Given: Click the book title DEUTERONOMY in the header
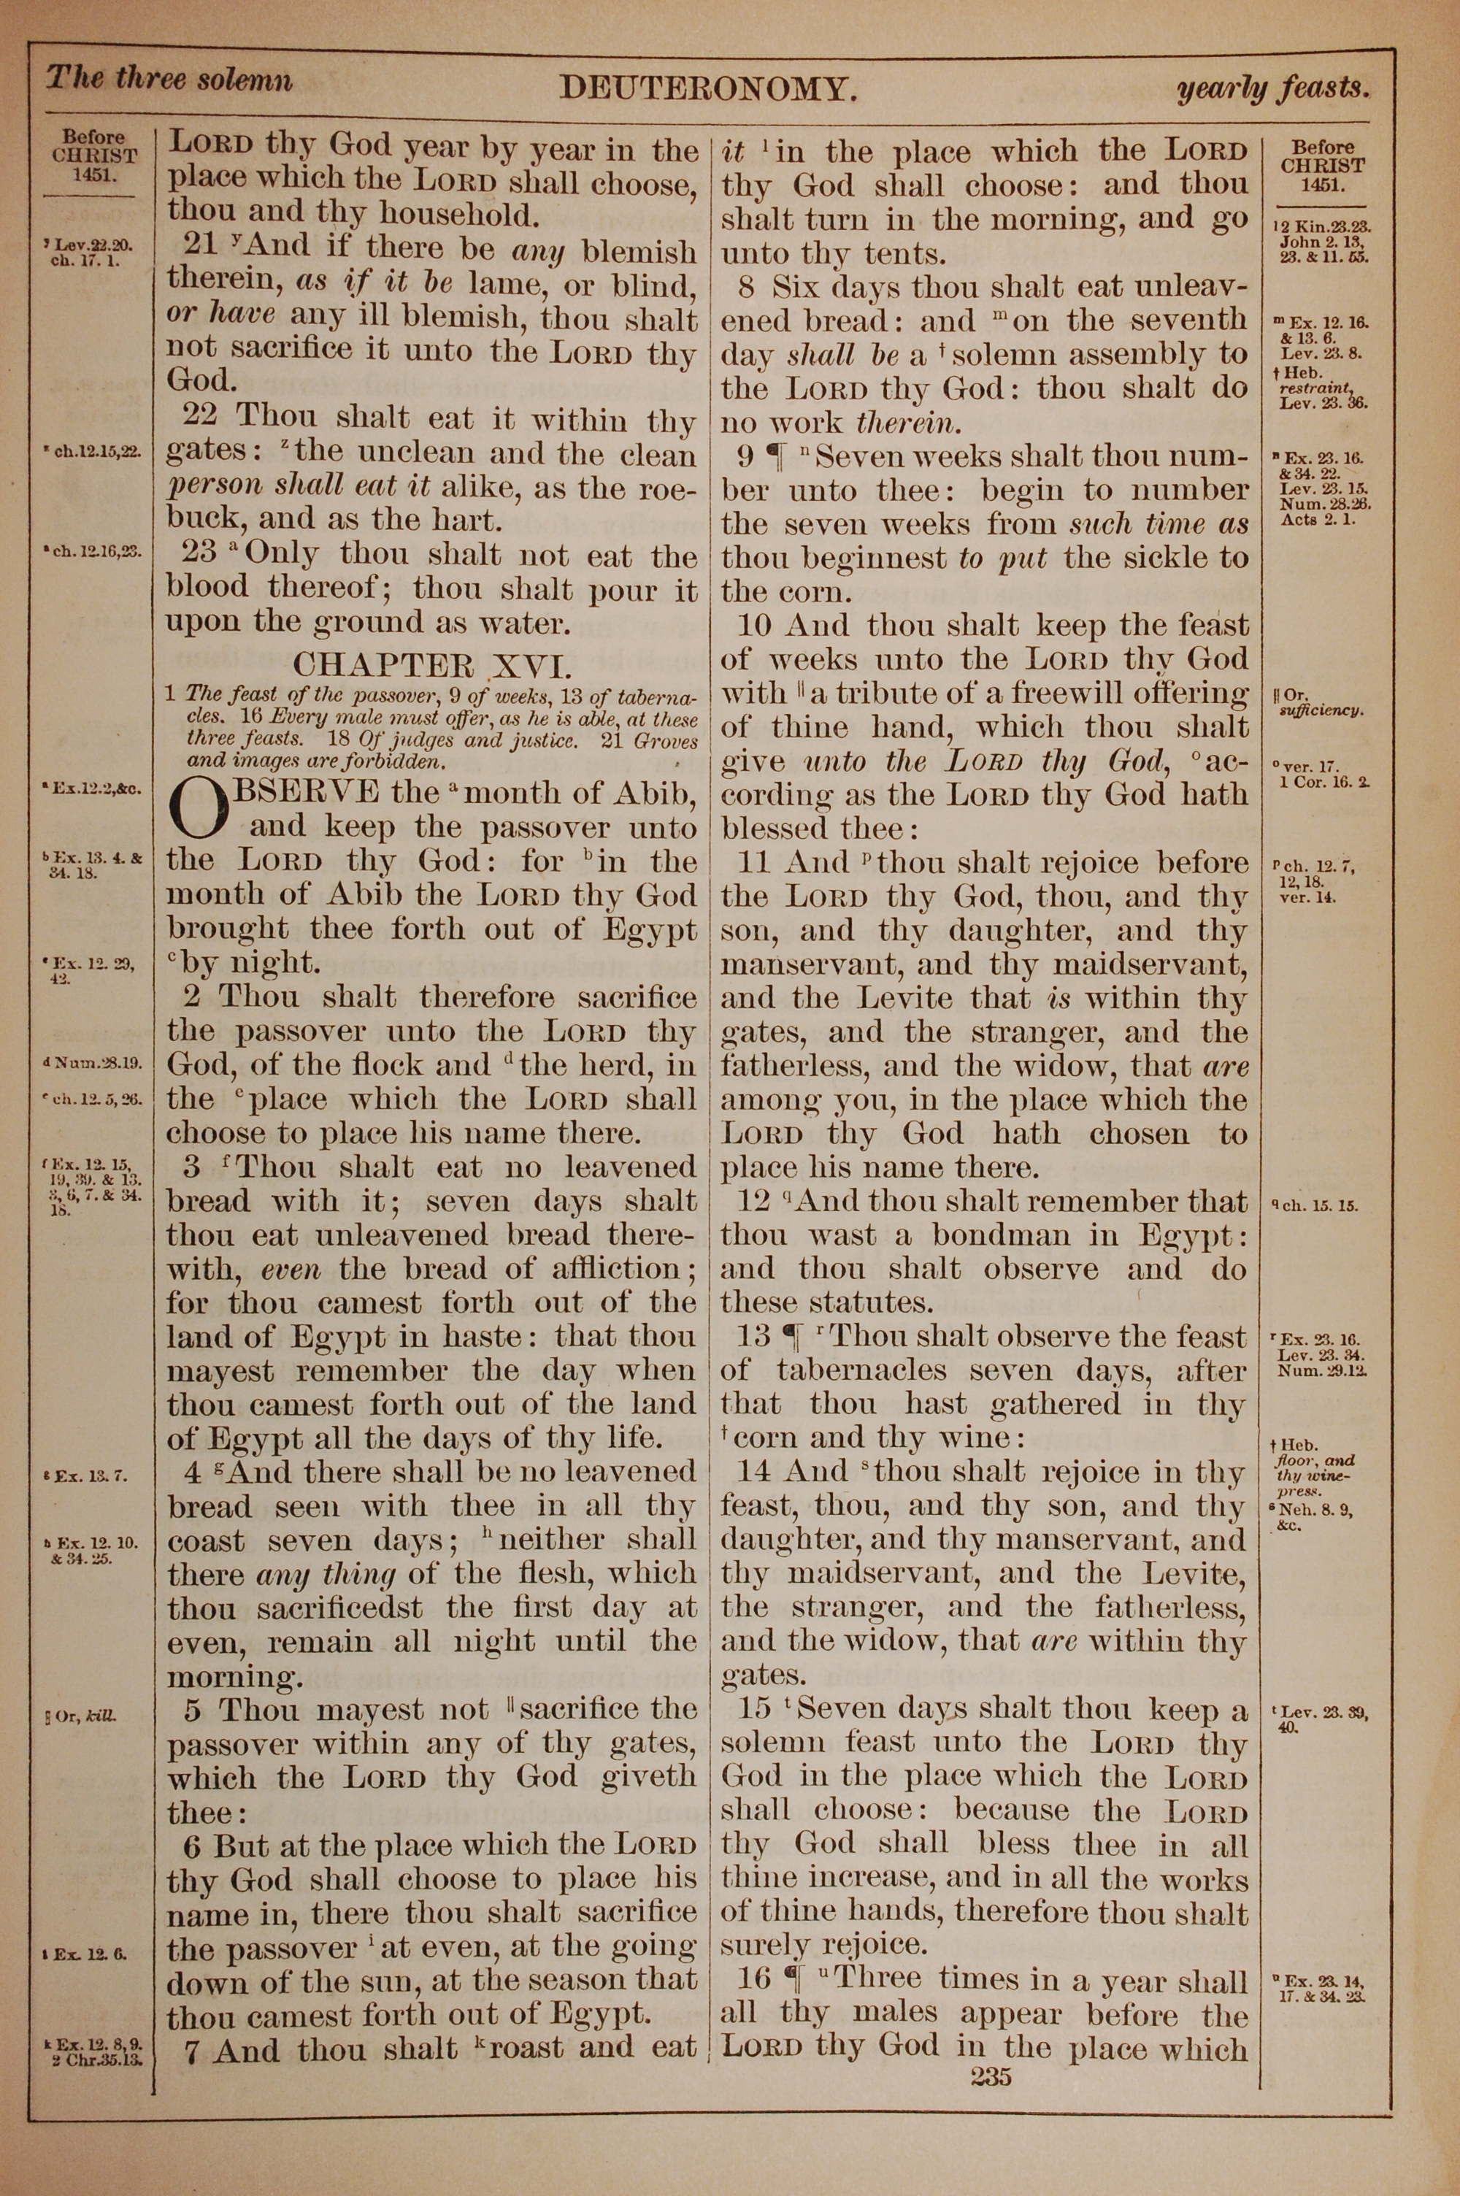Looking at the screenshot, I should coord(707,89).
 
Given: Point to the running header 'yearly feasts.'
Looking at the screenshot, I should coord(1272,89).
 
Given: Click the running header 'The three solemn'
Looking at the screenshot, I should coord(169,79).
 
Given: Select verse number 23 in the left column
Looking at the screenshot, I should coord(200,553).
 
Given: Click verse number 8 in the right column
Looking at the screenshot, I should coord(747,287).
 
